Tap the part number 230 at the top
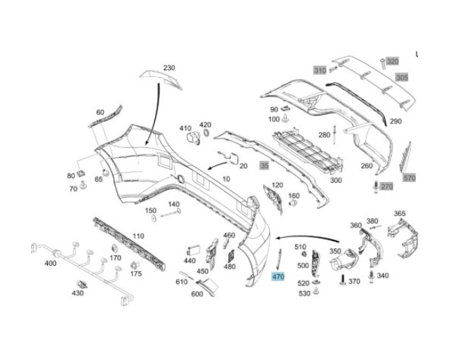pyautogui.click(x=169, y=68)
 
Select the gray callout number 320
pyautogui.click(x=392, y=62)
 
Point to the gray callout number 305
pyautogui.click(x=402, y=78)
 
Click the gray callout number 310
pyautogui.click(x=319, y=71)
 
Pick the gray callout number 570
pyautogui.click(x=410, y=178)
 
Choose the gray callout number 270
pyautogui.click(x=387, y=187)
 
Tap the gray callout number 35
pyautogui.click(x=263, y=166)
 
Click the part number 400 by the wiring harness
pyautogui.click(x=51, y=264)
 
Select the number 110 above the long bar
pyautogui.click(x=138, y=236)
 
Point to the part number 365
pyautogui.click(x=399, y=214)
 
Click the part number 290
pyautogui.click(x=395, y=122)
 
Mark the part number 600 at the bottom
pyautogui.click(x=197, y=293)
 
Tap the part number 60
pyautogui.click(x=100, y=112)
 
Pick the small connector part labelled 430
pyautogui.click(x=83, y=285)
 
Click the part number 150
pyautogui.click(x=150, y=211)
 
